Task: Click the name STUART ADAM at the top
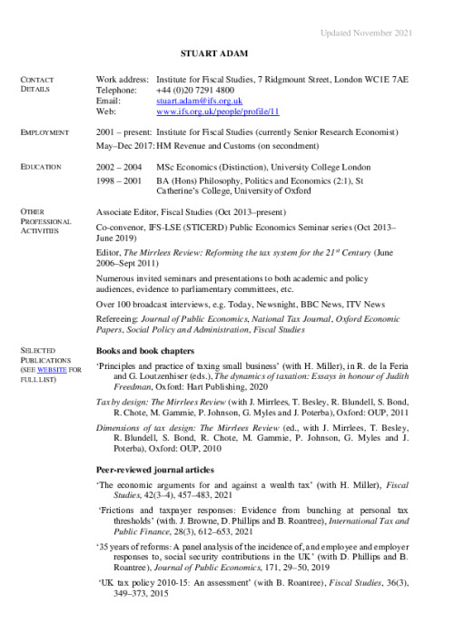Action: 226,55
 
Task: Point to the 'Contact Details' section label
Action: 42,84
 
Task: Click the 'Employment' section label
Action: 45,133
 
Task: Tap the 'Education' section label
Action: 42,167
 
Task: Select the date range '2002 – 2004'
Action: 119,168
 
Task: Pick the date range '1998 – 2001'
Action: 119,182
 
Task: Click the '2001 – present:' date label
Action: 124,133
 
